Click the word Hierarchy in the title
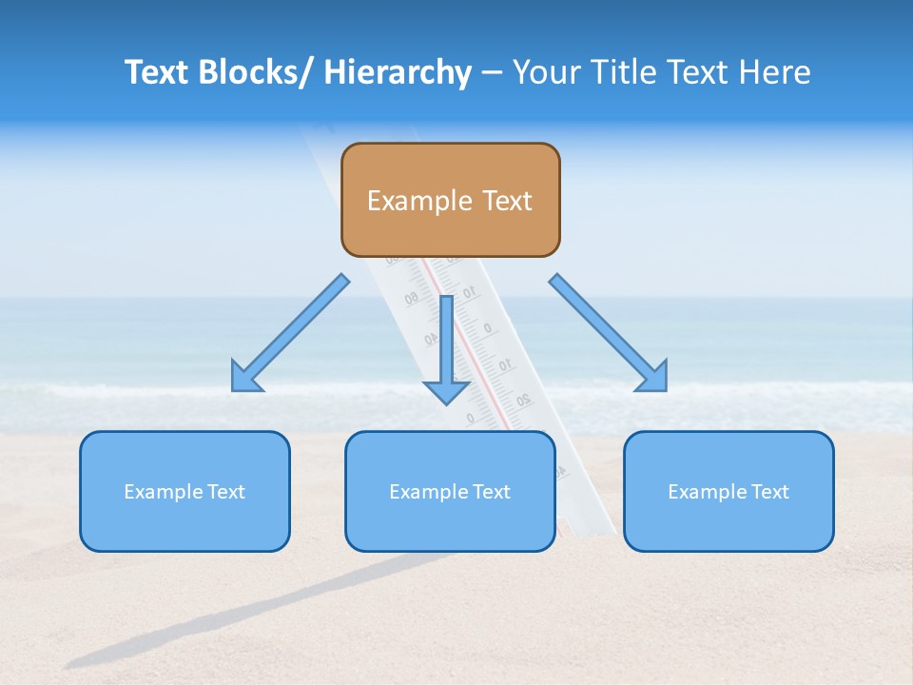click(398, 72)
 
